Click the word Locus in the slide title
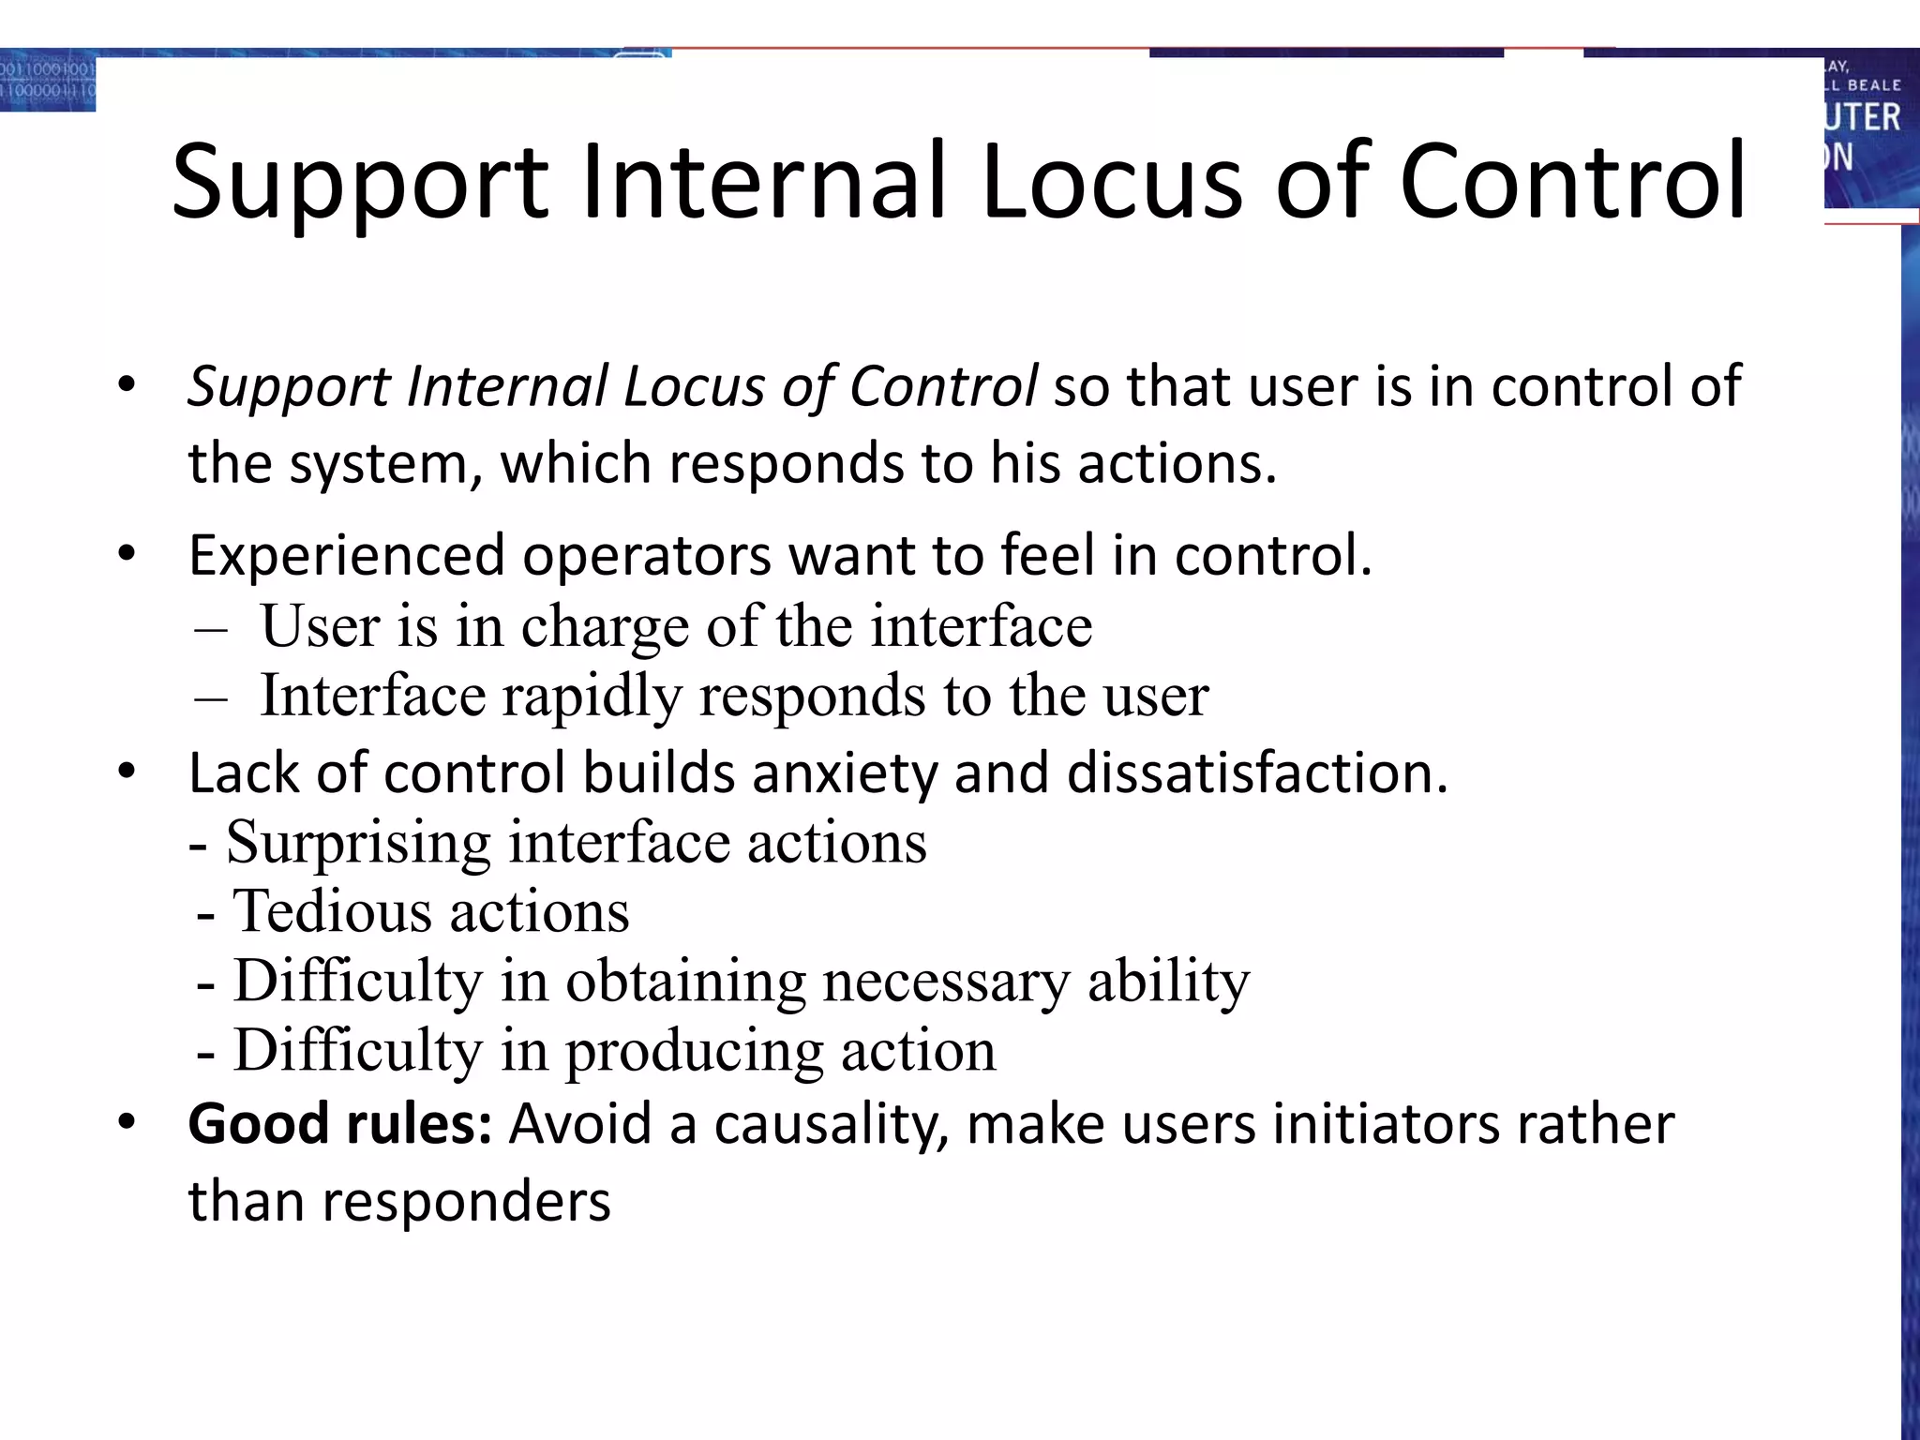pos(1112,180)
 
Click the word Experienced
pos(346,555)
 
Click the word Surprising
pos(358,842)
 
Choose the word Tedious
pos(327,911)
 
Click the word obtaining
pos(684,981)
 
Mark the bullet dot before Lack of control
pos(127,772)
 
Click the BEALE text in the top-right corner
pos(1873,85)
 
